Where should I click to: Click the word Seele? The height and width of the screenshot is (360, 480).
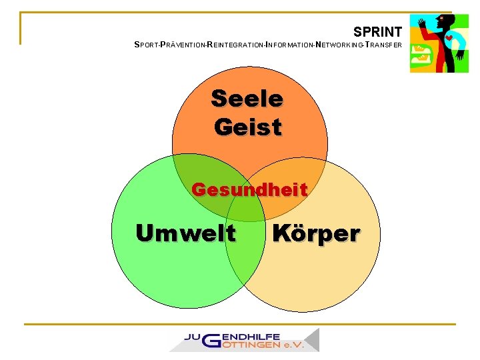247,99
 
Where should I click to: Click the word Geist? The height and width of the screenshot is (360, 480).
248,126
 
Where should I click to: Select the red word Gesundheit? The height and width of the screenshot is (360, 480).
249,190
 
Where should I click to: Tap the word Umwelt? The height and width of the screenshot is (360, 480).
185,233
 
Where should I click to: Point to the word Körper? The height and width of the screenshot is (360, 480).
316,234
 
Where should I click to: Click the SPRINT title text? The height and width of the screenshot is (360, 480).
377,31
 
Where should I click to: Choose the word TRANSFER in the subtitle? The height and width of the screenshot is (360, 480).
385,46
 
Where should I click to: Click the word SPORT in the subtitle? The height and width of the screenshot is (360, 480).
146,46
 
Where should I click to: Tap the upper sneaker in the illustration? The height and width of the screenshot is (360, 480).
420,49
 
